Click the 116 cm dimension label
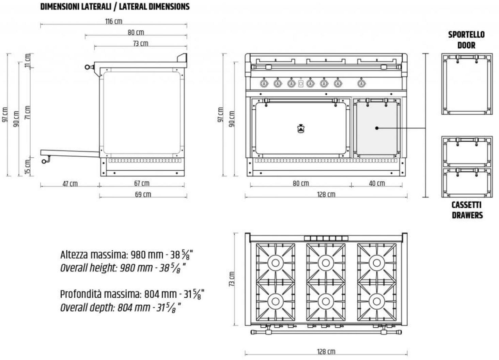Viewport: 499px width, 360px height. [114, 21]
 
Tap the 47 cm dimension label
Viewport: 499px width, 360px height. [70, 184]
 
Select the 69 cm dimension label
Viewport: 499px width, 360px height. [143, 194]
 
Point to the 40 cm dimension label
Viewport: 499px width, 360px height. [377, 183]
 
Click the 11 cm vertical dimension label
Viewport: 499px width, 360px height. [28, 61]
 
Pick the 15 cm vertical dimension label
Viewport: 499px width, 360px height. [28, 167]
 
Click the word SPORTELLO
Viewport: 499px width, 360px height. [466, 34]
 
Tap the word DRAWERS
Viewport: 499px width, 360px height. [467, 215]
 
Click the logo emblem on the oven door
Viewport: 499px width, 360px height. [301, 129]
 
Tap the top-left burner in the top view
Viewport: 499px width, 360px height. [275, 262]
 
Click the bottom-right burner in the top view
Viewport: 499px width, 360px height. [377, 301]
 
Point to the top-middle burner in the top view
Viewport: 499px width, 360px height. [326, 262]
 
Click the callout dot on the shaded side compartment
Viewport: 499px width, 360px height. [377, 128]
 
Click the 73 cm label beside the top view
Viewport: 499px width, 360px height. [232, 279]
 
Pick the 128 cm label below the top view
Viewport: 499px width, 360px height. [326, 351]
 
